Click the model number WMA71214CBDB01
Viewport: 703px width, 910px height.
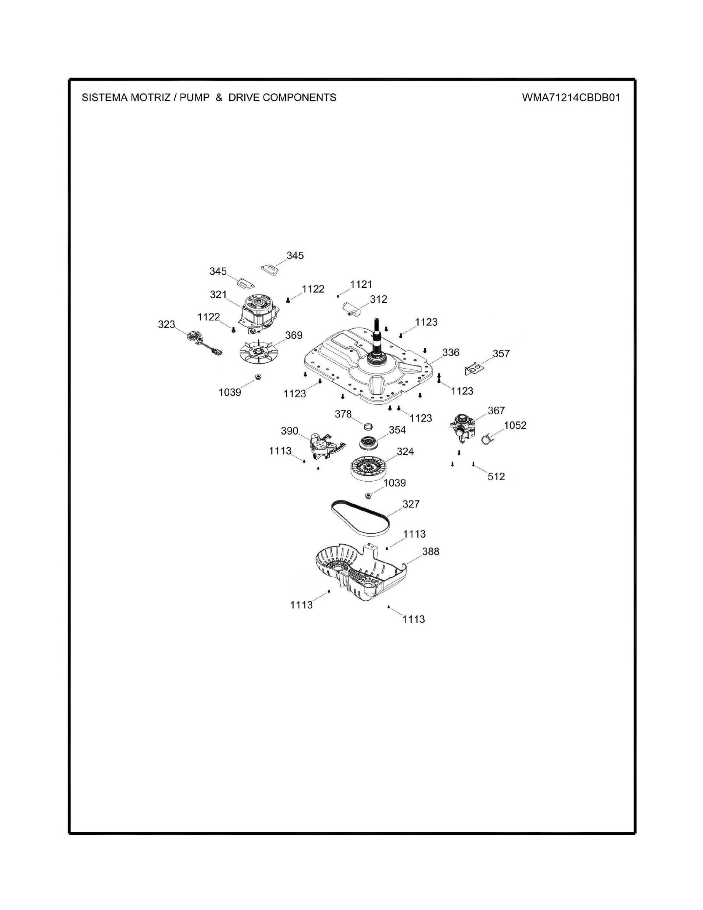571,98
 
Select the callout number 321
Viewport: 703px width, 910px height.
218,295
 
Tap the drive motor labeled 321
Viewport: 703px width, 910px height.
259,313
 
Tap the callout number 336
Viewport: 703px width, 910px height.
451,352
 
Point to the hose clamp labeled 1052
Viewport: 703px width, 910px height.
487,439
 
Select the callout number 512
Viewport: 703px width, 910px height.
496,476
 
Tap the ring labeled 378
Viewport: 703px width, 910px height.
368,426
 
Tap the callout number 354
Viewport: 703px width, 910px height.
397,430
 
